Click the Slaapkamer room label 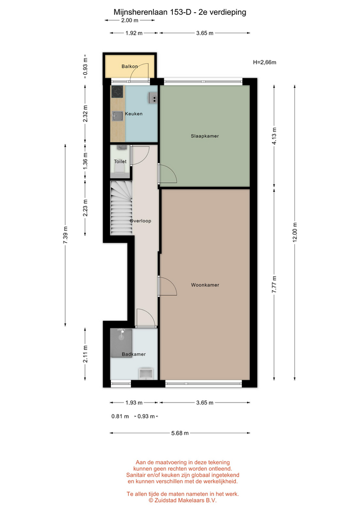pyautogui.click(x=205, y=136)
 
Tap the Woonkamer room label pyautogui.click(x=205, y=285)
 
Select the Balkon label pyautogui.click(x=129, y=66)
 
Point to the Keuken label pyautogui.click(x=134, y=113)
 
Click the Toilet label pyautogui.click(x=120, y=161)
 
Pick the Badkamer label pyautogui.click(x=134, y=354)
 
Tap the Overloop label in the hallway pyautogui.click(x=141, y=221)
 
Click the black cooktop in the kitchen pyautogui.click(x=117, y=92)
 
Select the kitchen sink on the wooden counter pyautogui.click(x=117, y=116)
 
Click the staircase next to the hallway pyautogui.click(x=121, y=208)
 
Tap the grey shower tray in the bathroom pyautogui.click(x=121, y=343)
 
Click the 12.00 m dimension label pyautogui.click(x=295, y=232)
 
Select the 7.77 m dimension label pyautogui.click(x=274, y=284)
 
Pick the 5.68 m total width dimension pyautogui.click(x=180, y=433)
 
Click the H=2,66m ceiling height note pyautogui.click(x=265, y=63)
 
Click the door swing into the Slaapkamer pyautogui.click(x=168, y=173)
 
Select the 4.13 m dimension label pyautogui.click(x=274, y=137)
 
